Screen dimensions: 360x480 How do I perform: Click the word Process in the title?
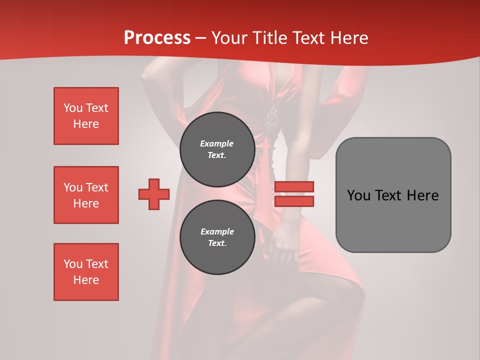[157, 38]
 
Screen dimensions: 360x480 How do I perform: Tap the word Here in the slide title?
[347, 38]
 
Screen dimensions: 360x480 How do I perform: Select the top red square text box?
[86, 116]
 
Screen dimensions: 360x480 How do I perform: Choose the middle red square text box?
[86, 195]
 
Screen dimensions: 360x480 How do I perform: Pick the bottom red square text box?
[86, 272]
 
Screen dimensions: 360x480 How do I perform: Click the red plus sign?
[154, 194]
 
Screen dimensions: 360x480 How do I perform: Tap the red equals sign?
[294, 194]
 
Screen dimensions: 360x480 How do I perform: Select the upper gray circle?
[217, 149]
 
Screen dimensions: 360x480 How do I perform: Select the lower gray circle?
[217, 237]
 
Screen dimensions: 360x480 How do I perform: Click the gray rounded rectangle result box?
[393, 195]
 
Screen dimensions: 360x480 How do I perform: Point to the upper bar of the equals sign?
[294, 187]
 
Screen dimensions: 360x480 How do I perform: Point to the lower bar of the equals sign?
[294, 201]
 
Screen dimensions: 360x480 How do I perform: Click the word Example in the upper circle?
[217, 144]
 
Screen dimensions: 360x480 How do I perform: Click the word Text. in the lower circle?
[217, 243]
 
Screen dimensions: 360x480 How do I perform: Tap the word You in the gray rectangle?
[358, 195]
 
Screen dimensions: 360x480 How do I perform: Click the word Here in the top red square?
[86, 124]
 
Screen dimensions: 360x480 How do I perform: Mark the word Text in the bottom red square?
[97, 264]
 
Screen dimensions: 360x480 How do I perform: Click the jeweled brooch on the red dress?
[271, 118]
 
